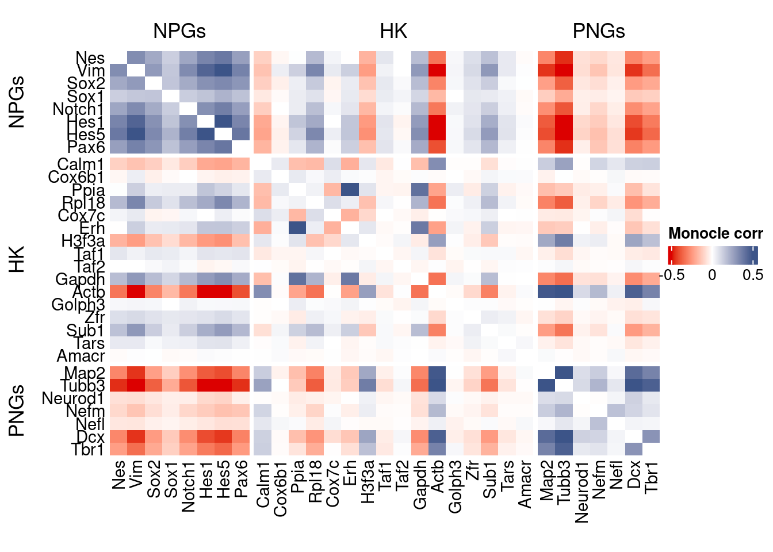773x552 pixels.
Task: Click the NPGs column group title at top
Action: [x=179, y=31]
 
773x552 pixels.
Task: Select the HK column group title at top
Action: [x=393, y=31]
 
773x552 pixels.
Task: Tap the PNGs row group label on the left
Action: [x=17, y=411]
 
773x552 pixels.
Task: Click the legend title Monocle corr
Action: [x=715, y=233]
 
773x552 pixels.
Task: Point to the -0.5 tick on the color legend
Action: [x=672, y=275]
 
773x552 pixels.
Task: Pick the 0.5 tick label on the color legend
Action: [x=753, y=275]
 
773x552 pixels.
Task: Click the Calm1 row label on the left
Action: [x=81, y=164]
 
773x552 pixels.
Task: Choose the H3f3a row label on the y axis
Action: [x=83, y=241]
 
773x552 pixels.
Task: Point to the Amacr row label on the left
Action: [x=81, y=356]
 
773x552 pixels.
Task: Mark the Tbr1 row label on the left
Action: [x=87, y=450]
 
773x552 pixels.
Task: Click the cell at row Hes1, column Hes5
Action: [x=223, y=122]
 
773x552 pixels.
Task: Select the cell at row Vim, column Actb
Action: [x=437, y=71]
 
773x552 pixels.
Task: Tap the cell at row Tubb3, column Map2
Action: [x=546, y=385]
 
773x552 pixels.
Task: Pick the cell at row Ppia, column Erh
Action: [x=350, y=190]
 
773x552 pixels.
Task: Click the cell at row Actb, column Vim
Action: [x=136, y=292]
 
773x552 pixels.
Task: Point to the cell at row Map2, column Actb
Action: [x=437, y=373]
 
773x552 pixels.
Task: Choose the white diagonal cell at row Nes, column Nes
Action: [x=118, y=57]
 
